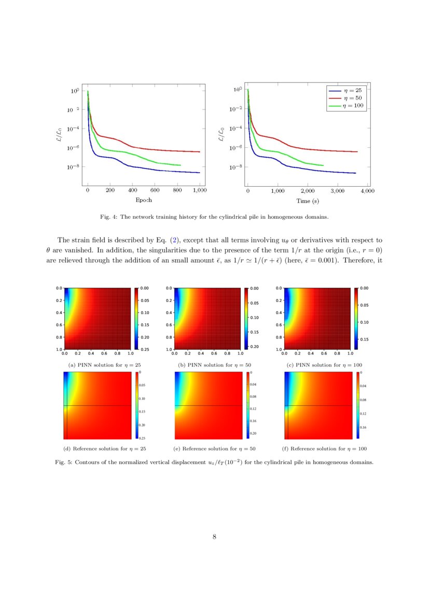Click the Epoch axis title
tap(144, 200)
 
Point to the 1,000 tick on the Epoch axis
tap(199, 191)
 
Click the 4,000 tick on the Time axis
tap(367, 191)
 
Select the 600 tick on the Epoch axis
tap(155, 191)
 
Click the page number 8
tap(214, 537)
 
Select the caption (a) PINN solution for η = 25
tap(98, 365)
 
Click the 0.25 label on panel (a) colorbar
tap(145, 349)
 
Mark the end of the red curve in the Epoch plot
tap(200, 152)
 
